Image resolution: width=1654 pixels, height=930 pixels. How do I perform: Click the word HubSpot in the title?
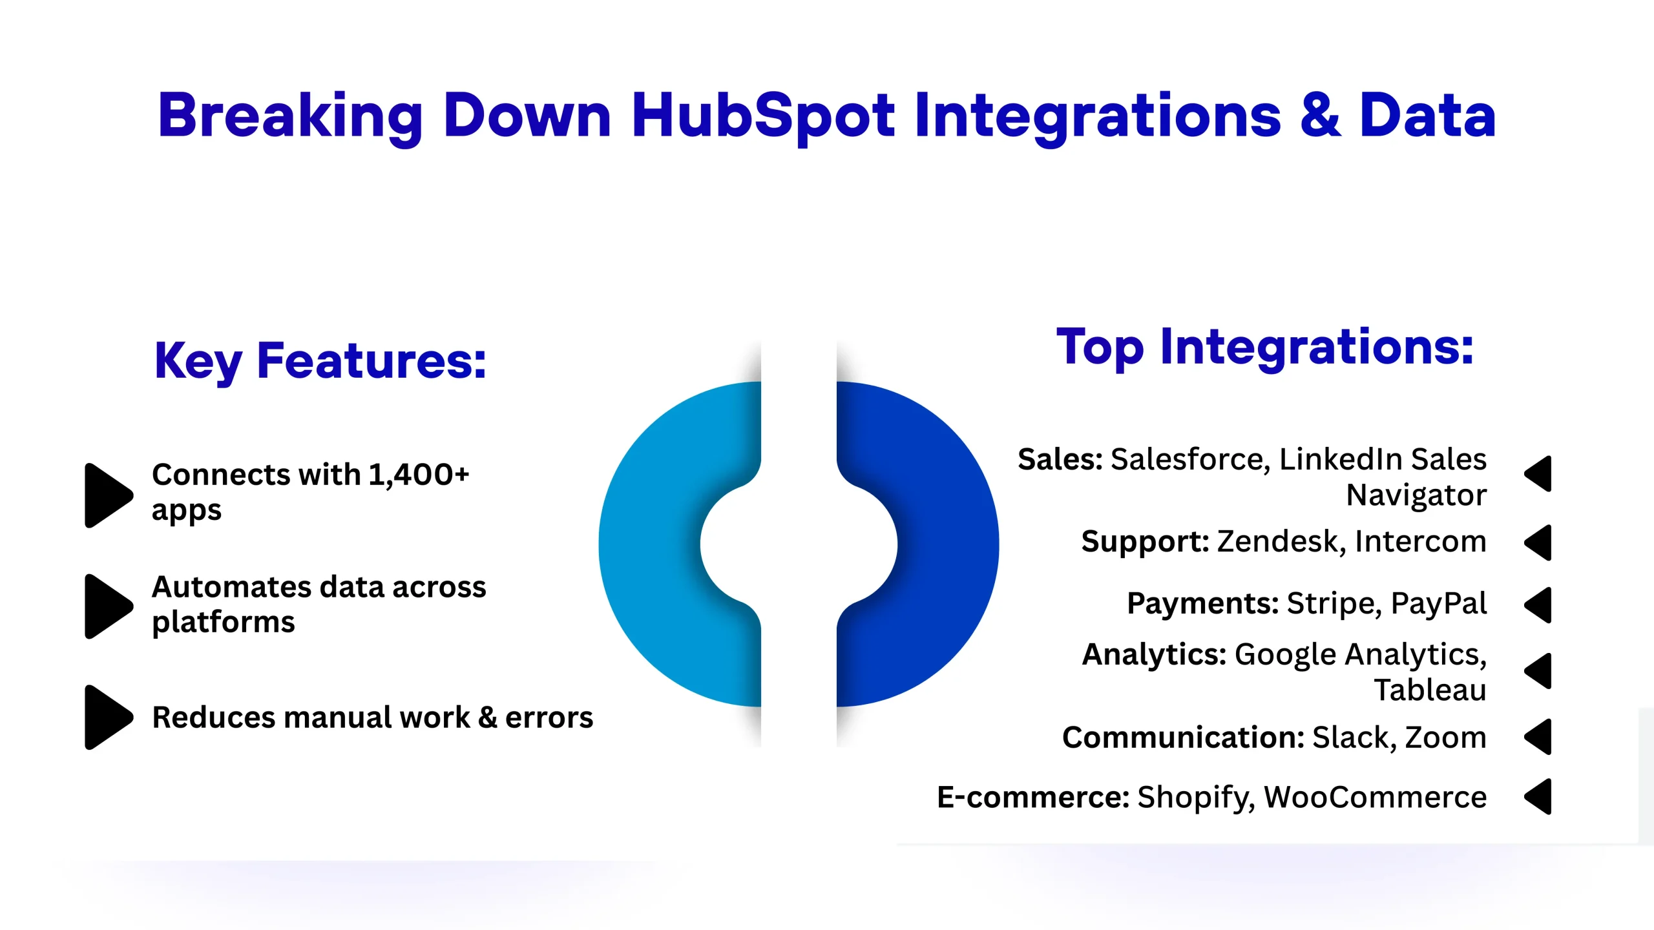pyautogui.click(x=763, y=117)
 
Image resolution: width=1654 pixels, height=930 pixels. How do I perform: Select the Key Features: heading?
pyautogui.click(x=320, y=361)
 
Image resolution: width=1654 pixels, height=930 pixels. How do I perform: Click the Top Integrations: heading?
pyautogui.click(x=1265, y=347)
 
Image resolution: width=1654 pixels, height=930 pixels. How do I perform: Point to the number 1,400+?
pyautogui.click(x=419, y=475)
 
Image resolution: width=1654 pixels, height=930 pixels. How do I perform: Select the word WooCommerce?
pyautogui.click(x=1376, y=798)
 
